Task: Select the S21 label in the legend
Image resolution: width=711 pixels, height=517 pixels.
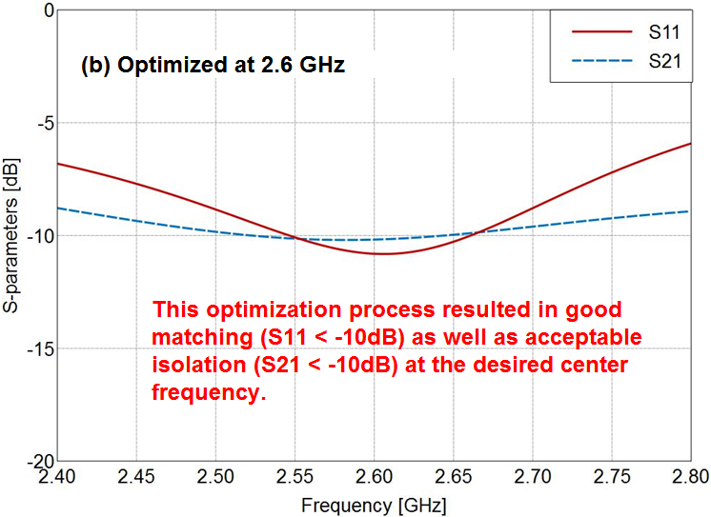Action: coord(664,62)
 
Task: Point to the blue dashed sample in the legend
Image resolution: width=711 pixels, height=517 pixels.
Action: coord(602,63)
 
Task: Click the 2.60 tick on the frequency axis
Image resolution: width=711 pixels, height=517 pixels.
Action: coord(374,474)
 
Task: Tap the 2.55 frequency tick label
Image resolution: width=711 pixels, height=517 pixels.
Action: coord(295,474)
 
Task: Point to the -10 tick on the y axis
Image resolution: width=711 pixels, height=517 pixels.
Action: coord(37,235)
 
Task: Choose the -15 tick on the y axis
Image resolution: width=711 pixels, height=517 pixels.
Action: coord(37,348)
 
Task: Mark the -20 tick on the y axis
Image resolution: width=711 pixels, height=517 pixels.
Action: coord(37,461)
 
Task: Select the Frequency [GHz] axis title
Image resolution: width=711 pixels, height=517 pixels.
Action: coord(374,502)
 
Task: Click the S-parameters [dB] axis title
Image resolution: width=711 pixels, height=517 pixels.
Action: coord(11,235)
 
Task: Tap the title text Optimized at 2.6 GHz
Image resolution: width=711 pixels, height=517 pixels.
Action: coord(212,67)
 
